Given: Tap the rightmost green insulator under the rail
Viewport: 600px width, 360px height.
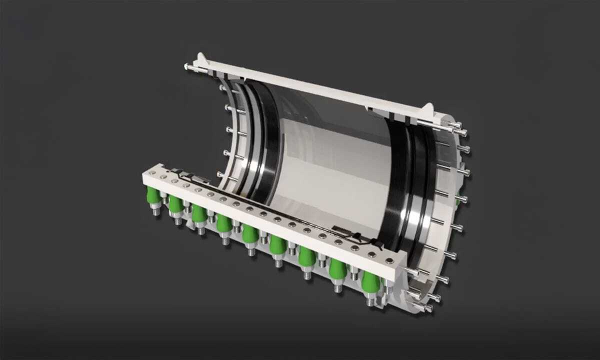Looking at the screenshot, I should click(370, 282).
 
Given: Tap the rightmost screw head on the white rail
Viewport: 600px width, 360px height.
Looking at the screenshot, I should click(389, 260).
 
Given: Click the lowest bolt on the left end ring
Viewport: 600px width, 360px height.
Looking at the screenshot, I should click(220, 174).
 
